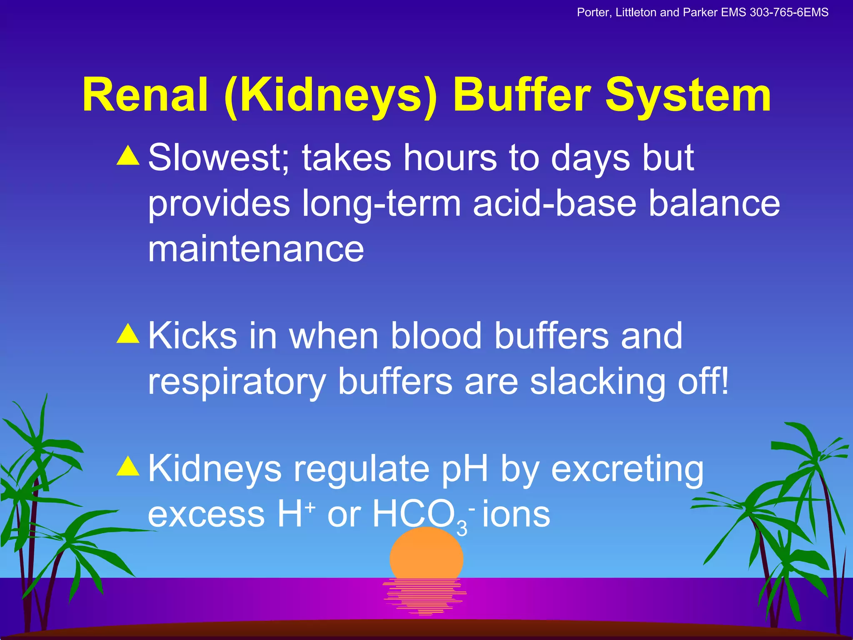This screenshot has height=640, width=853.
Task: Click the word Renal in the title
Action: pos(145,95)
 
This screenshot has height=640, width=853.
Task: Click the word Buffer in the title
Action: pos(522,95)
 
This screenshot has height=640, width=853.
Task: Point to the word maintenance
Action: pos(256,249)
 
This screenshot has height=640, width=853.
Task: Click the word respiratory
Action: pos(237,381)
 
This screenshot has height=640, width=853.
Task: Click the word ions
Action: pos(516,515)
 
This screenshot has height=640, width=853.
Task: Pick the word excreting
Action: pos(627,470)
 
